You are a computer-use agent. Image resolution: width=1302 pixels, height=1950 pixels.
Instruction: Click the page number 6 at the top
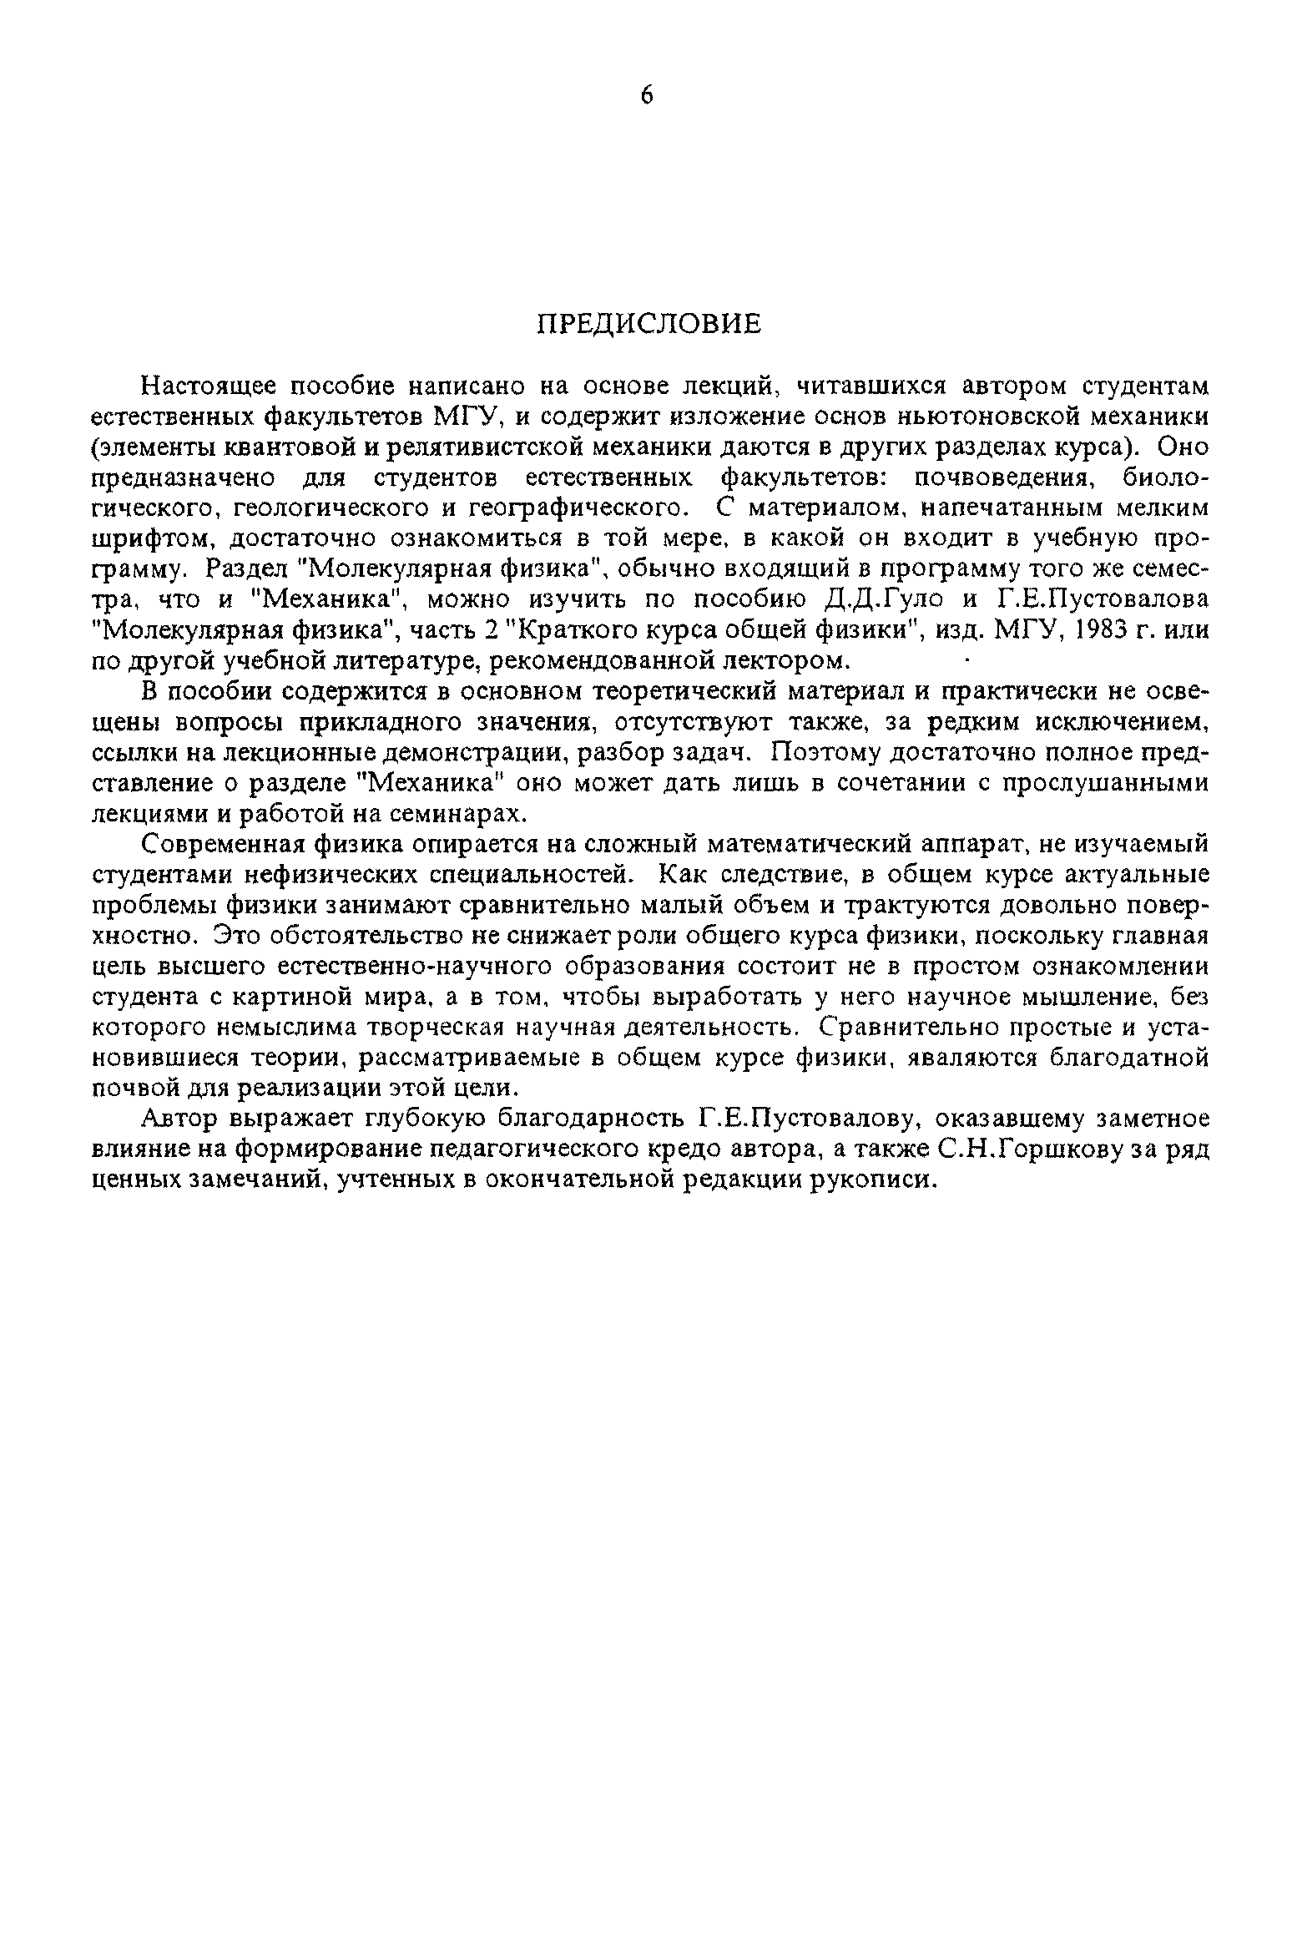pos(648,96)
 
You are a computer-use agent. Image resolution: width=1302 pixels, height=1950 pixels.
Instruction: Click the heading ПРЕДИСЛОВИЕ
pos(648,323)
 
